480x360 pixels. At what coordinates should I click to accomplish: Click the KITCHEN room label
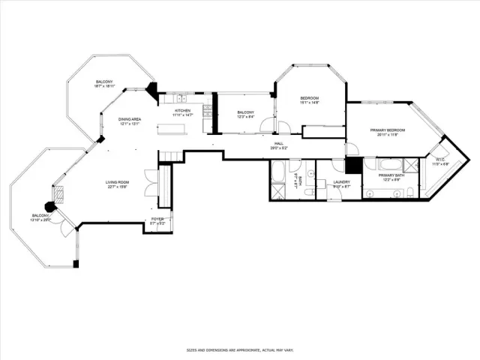[x=183, y=111]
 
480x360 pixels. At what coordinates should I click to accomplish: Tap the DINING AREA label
[x=130, y=120]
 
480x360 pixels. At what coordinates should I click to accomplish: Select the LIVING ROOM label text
[x=118, y=182]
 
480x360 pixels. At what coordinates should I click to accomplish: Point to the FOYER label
[x=157, y=219]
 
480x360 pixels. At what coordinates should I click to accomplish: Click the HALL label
[x=278, y=143]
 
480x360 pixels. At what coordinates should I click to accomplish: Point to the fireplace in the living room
[x=60, y=196]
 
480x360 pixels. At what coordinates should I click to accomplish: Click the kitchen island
[x=177, y=129]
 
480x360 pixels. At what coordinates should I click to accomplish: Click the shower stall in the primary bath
[x=412, y=166]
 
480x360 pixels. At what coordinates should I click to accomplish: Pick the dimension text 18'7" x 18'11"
[x=104, y=86]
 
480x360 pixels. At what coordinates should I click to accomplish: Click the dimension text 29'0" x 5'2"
[x=278, y=148]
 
